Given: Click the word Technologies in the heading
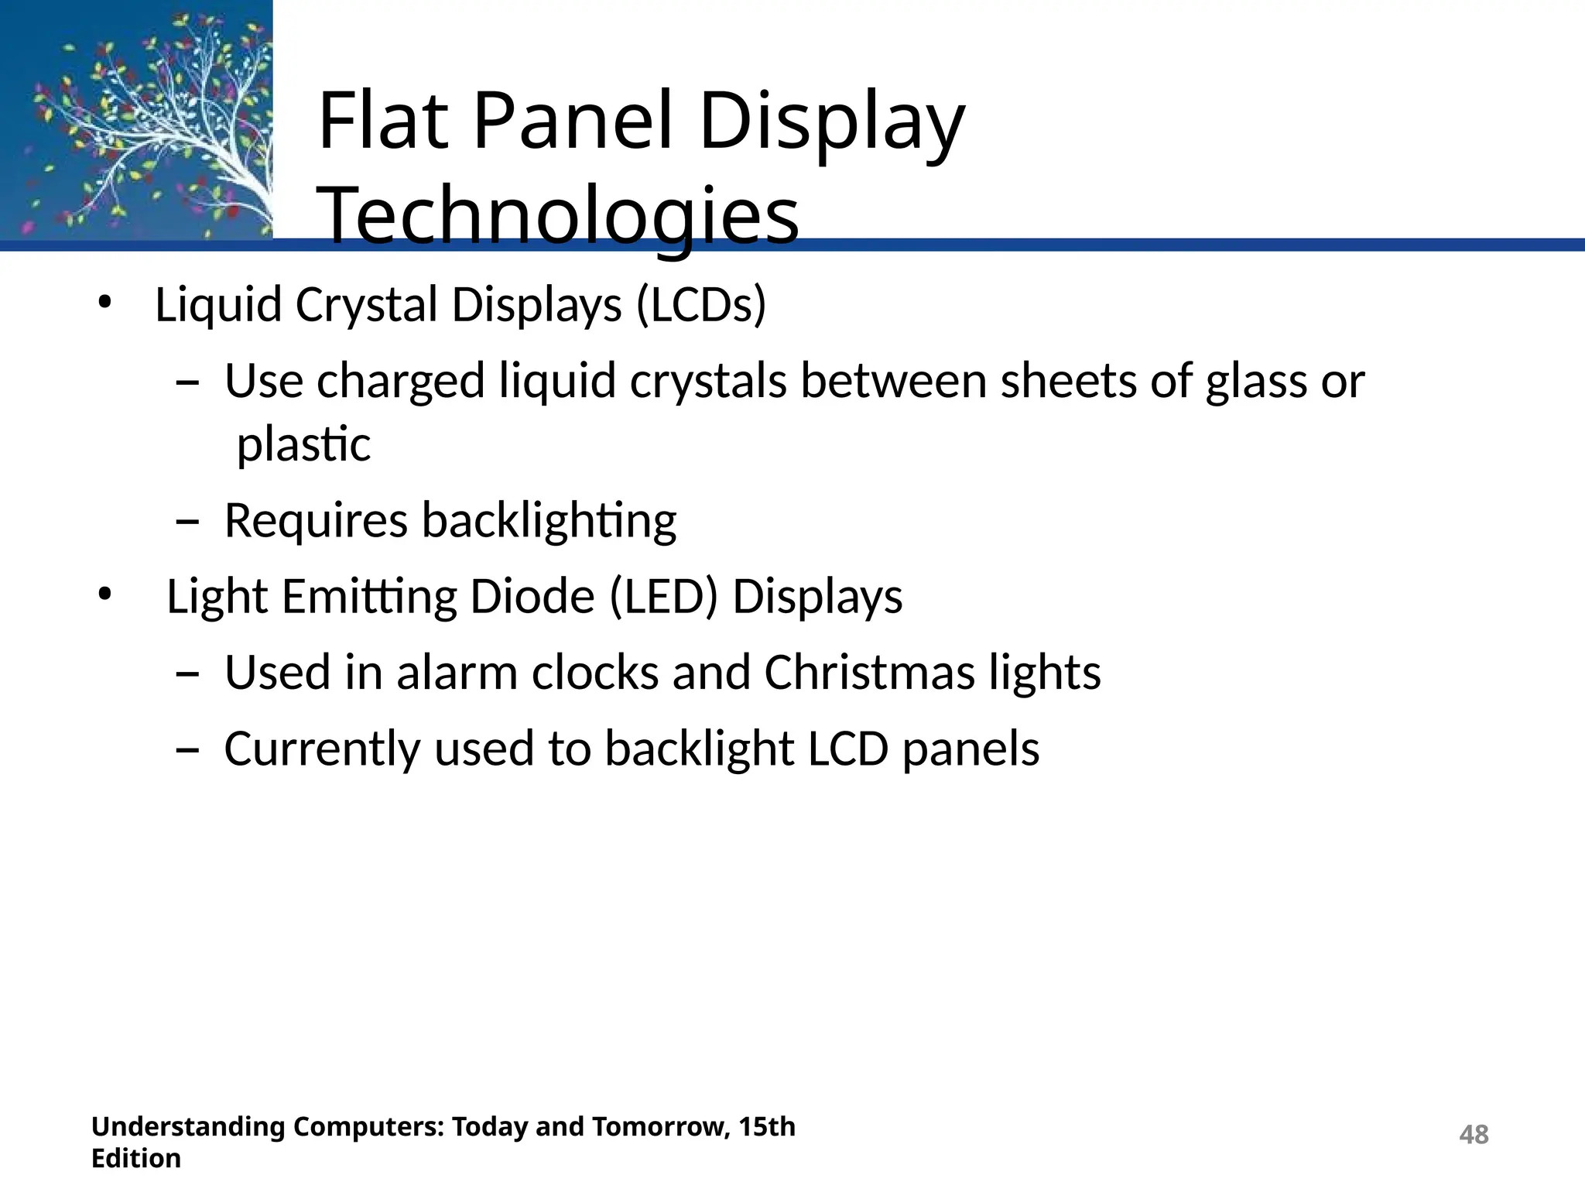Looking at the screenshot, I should point(558,215).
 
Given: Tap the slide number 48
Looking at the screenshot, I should point(1473,1135).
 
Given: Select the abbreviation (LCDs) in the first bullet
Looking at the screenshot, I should point(701,304).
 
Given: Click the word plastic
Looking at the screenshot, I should point(303,445).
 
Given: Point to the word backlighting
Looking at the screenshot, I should point(549,521).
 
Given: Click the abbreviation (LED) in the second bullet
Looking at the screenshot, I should point(663,597).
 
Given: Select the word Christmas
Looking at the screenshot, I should point(869,672).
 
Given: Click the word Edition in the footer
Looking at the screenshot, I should point(136,1159).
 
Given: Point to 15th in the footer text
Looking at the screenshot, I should point(766,1126).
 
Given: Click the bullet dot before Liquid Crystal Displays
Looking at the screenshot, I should point(105,303).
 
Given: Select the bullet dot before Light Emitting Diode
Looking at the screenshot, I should point(105,595).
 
